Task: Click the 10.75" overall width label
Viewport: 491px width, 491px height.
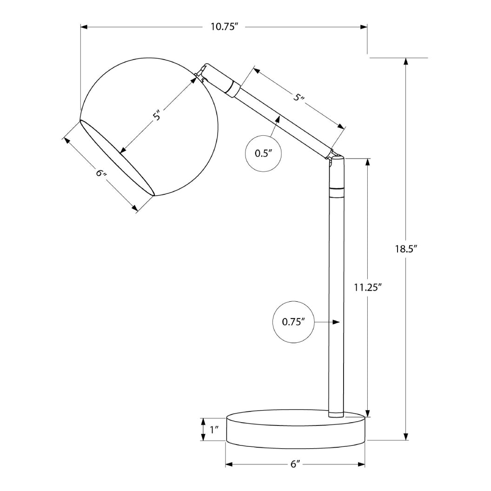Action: point(224,27)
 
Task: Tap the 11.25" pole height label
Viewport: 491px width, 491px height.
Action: point(367,287)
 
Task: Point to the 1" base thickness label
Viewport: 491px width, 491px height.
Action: point(214,430)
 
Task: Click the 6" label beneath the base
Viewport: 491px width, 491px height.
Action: point(295,464)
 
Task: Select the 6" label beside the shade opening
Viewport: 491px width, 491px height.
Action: point(101,173)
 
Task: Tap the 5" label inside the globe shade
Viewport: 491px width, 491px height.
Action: point(158,115)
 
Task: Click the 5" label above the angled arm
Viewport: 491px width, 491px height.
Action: point(299,97)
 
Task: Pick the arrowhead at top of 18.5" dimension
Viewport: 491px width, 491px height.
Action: point(406,62)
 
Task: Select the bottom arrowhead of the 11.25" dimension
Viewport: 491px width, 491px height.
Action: point(368,413)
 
